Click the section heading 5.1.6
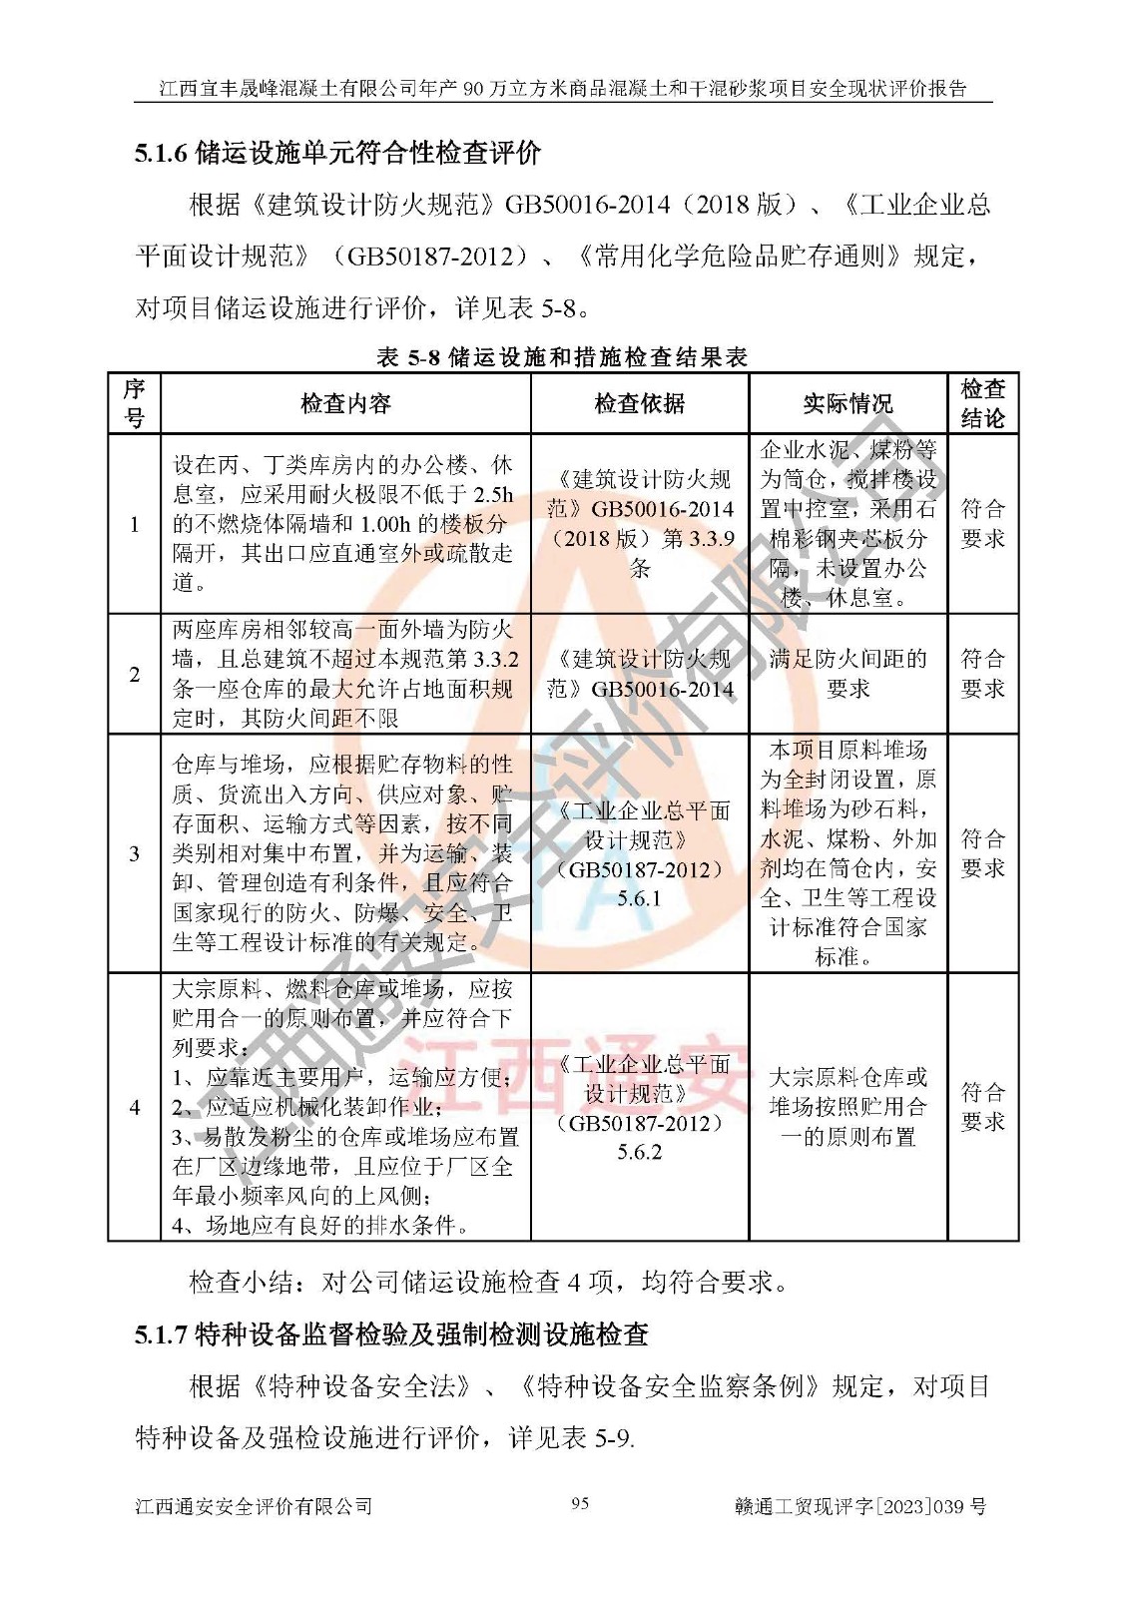coord(337,153)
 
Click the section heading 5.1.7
coord(391,1333)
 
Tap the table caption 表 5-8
coord(562,356)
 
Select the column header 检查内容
coord(345,403)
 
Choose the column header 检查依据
coord(639,403)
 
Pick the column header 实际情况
coord(847,403)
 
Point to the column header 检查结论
coord(982,403)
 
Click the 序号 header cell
coord(134,403)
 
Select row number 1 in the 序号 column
coord(134,524)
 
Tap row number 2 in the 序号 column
coord(134,674)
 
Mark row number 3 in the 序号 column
coord(134,853)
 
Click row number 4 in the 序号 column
coord(134,1107)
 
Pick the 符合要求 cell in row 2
coord(982,674)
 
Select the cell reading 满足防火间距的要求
coord(847,674)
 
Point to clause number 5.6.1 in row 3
coord(639,898)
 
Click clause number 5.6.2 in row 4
coord(639,1152)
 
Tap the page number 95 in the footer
coord(580,1503)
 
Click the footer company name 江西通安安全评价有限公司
coord(254,1506)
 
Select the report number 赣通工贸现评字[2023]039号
coord(859,1506)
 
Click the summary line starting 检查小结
coord(489,1282)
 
